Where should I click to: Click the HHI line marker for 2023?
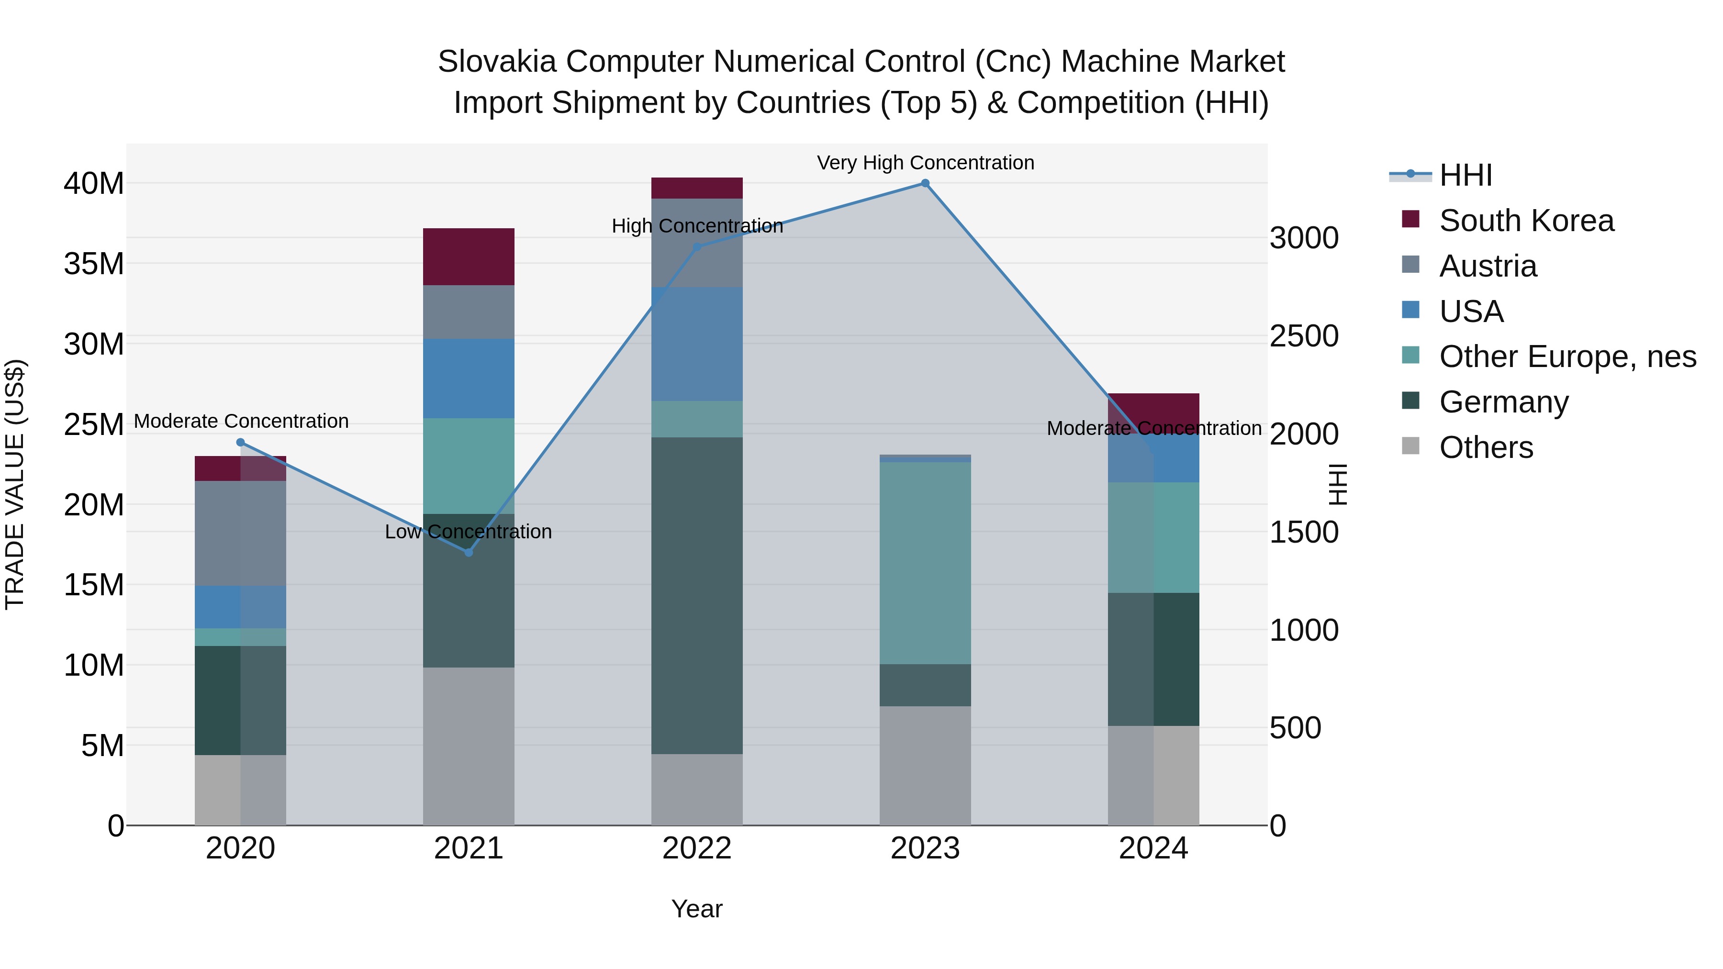[x=925, y=183]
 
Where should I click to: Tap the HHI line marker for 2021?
[x=468, y=552]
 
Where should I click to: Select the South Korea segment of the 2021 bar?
[x=468, y=257]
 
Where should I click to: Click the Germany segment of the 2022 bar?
[x=697, y=595]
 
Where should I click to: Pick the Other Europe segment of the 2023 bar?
[x=925, y=563]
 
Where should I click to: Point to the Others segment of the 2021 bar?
[x=468, y=746]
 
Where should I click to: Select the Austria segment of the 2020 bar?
[x=240, y=533]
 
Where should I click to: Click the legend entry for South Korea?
[x=1526, y=221]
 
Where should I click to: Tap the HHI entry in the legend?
[x=1465, y=175]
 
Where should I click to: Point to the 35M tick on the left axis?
[x=94, y=264]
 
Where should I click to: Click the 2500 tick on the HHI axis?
[x=1304, y=336]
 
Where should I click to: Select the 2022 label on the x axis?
[x=697, y=848]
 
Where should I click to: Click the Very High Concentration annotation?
[x=925, y=163]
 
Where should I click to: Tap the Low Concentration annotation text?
[x=468, y=532]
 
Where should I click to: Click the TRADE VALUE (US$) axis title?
[x=15, y=484]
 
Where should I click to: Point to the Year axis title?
[x=697, y=909]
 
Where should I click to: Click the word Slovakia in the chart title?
[x=496, y=62]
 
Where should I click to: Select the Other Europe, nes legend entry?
[x=1567, y=356]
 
